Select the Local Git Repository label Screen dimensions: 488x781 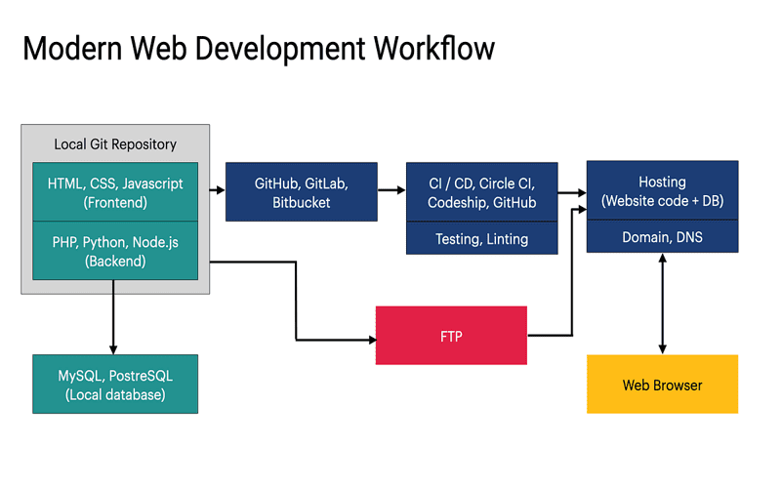point(115,144)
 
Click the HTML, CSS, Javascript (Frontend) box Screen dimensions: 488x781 point(115,192)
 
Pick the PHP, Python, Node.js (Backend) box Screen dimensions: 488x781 point(115,251)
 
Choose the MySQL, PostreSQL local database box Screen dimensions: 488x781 point(115,384)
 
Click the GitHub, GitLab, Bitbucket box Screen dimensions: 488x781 point(301,192)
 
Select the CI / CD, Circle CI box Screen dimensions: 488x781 point(481,192)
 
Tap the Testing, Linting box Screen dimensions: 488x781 point(481,239)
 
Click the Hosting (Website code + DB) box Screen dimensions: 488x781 point(662,191)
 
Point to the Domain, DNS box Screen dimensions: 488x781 point(662,237)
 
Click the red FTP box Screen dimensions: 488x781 point(451,337)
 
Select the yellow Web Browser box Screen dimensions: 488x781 point(662,385)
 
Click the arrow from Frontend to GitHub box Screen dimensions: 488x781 point(218,192)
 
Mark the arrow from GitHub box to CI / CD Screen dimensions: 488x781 point(391,192)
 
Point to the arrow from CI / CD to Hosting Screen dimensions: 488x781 point(572,192)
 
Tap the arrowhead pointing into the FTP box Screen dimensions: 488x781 point(371,340)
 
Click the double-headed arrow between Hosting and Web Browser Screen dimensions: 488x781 point(663,304)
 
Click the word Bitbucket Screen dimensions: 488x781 point(301,203)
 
